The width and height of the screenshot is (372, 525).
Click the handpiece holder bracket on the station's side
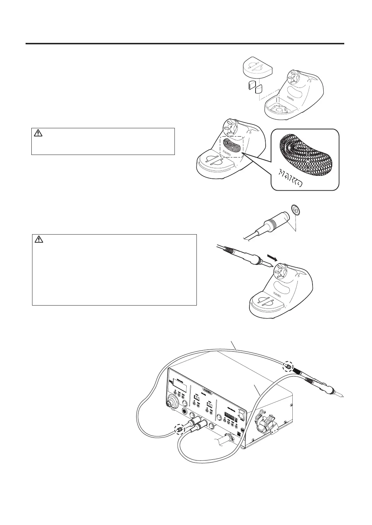[263, 422]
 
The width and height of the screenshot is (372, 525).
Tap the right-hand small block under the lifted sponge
[259, 88]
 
